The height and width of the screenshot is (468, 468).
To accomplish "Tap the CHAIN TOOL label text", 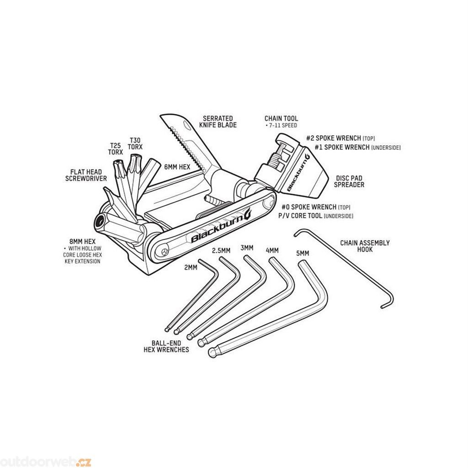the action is (281, 118).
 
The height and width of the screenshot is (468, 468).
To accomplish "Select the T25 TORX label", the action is (116, 149).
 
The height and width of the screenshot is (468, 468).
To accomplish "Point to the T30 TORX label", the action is (135, 144).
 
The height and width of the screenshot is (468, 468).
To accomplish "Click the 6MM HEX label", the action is (177, 167).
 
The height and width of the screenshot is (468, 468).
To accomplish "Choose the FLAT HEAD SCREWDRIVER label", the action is (86, 175).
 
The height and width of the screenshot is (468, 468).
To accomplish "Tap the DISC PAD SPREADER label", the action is (349, 181).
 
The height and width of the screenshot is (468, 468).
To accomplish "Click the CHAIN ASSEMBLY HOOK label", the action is (365, 246).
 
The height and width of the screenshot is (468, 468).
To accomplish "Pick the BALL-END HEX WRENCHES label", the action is (166, 346).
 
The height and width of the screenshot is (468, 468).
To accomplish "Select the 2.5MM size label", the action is (221, 250).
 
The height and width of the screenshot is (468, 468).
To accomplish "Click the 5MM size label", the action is (303, 253).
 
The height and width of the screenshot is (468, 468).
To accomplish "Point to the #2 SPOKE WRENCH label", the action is (333, 138).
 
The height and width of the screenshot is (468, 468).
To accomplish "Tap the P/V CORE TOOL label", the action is (300, 216).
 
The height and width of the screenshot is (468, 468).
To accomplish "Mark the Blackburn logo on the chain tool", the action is (298, 172).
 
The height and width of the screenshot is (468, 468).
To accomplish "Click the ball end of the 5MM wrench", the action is (212, 353).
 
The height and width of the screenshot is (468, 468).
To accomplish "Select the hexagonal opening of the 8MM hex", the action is (100, 222).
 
